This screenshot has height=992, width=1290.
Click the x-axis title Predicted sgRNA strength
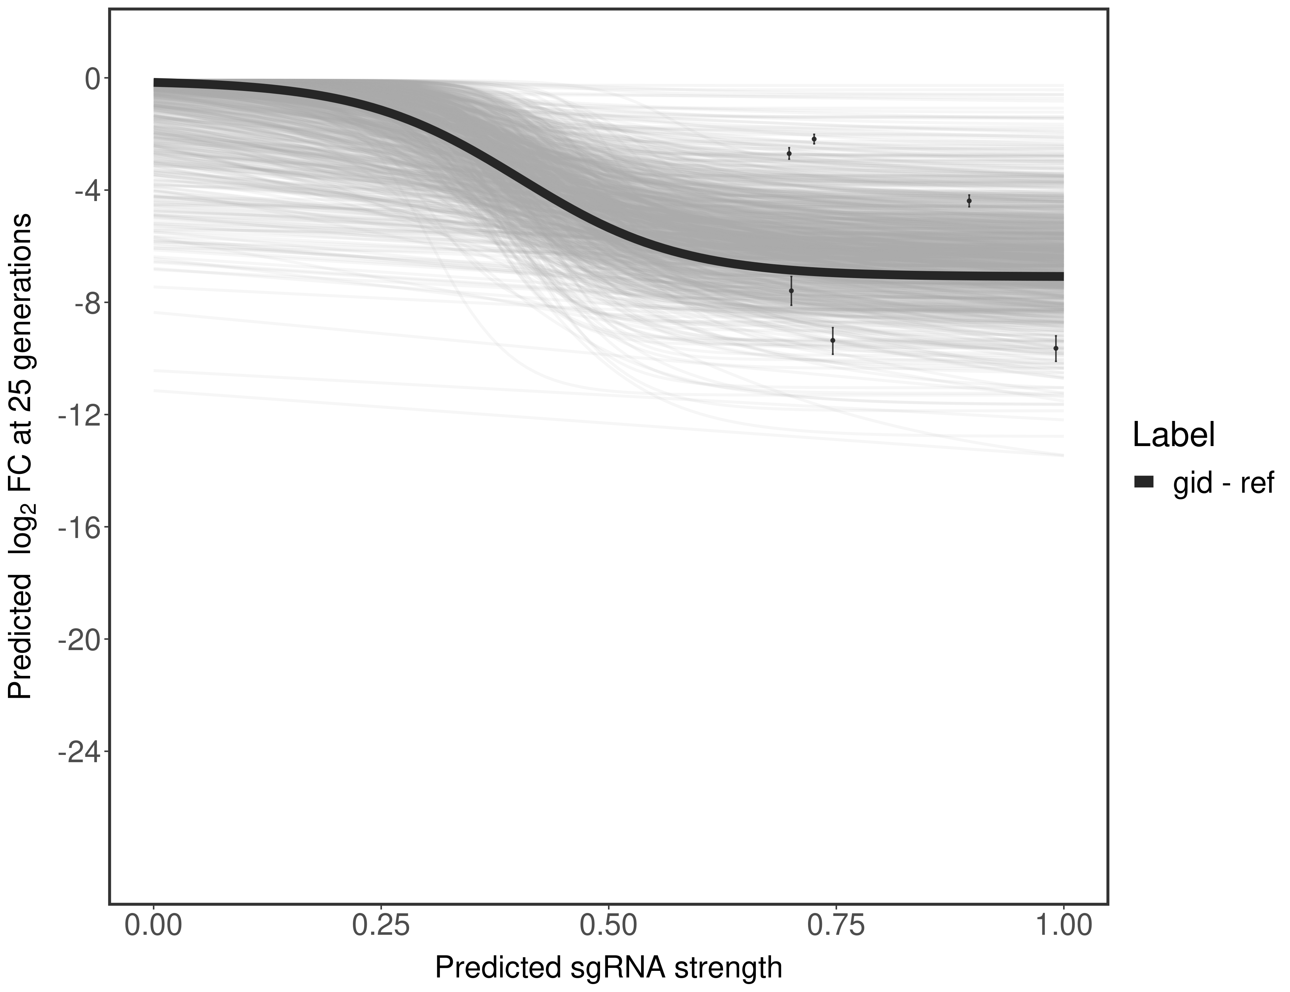point(608,969)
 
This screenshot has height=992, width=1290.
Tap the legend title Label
point(1174,435)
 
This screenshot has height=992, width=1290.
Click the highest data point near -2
point(814,139)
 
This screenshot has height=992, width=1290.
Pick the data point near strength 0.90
point(969,201)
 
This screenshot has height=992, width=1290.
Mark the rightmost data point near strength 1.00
point(1055,349)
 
